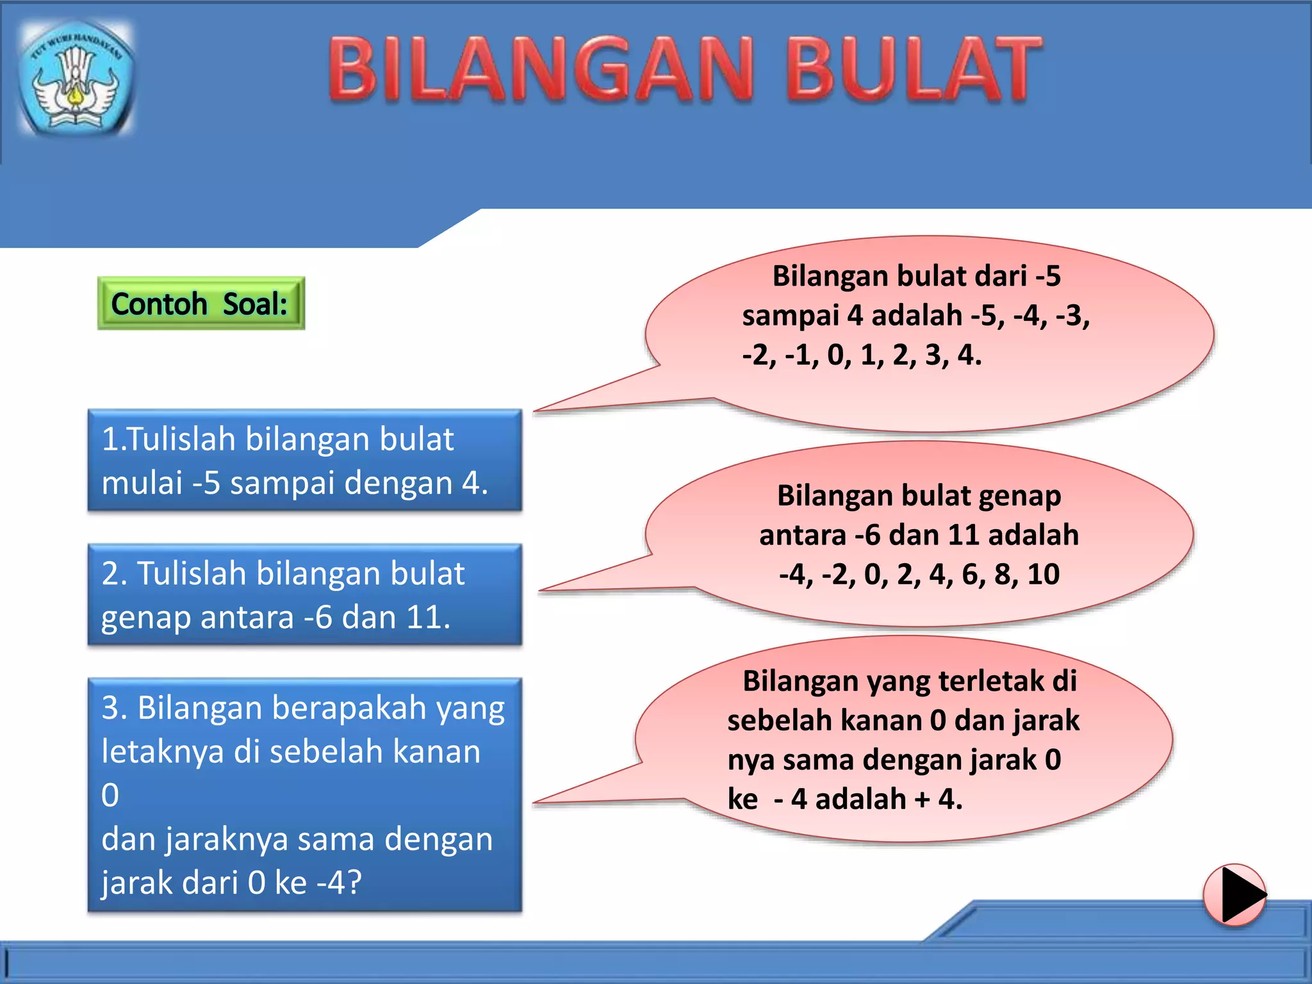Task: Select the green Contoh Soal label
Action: pos(201,304)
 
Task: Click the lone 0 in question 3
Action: pos(110,795)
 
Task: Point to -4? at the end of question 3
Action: pos(339,882)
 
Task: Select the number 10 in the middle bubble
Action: pos(1044,574)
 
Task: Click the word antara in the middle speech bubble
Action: pos(802,535)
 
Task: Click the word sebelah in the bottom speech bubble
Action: pos(779,721)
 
